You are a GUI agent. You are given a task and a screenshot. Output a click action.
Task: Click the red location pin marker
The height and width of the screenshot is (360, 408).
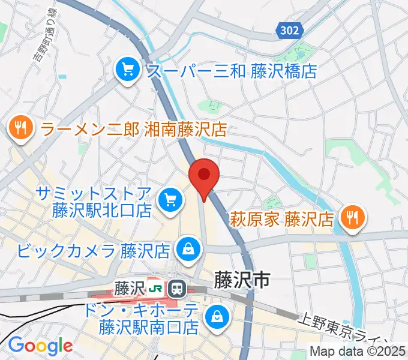click(x=204, y=176)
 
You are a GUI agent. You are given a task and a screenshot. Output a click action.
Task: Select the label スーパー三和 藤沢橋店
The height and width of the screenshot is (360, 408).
click(x=232, y=71)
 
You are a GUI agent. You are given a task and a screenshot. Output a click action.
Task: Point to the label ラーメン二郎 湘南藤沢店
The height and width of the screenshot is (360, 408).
click(x=133, y=128)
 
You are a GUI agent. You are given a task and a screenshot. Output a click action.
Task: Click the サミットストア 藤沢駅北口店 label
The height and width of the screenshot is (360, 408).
click(x=92, y=202)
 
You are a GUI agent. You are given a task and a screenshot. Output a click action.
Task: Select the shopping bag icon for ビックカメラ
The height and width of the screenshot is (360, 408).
click(x=188, y=248)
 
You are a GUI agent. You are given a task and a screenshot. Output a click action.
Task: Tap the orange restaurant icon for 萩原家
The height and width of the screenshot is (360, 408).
click(x=352, y=217)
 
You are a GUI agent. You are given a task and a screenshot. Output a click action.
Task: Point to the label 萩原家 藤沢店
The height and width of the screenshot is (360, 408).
click(x=282, y=217)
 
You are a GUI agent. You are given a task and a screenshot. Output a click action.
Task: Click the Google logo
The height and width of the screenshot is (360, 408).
click(x=40, y=346)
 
